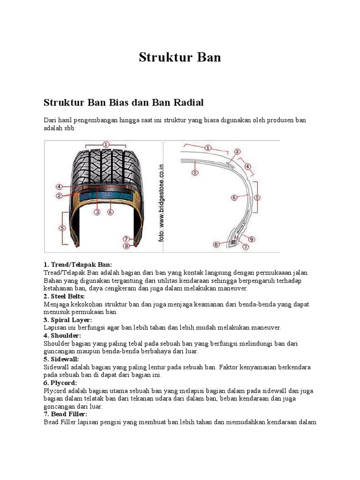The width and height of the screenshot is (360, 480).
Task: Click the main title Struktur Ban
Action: point(180,58)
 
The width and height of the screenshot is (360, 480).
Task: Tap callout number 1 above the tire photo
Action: point(106,144)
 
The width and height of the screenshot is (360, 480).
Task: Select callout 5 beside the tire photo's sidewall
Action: point(62,228)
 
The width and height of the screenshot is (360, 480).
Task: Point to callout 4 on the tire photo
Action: point(59,186)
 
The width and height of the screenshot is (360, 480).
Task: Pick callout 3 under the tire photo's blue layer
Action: point(97,212)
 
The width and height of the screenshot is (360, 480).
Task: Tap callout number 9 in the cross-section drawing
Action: point(251,239)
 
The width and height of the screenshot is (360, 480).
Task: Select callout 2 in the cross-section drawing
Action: point(195,172)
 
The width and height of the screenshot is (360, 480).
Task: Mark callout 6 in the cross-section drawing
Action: point(234,198)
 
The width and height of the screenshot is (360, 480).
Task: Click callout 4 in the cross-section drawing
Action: point(247,166)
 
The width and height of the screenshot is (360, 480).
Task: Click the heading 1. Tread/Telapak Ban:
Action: point(77,265)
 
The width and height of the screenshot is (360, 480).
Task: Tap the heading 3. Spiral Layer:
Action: point(65,320)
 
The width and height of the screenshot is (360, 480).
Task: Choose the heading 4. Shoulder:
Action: point(62,336)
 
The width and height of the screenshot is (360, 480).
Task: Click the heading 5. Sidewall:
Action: point(61,359)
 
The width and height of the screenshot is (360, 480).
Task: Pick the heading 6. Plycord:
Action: point(60,383)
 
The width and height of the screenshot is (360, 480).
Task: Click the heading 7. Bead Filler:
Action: point(65,414)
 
